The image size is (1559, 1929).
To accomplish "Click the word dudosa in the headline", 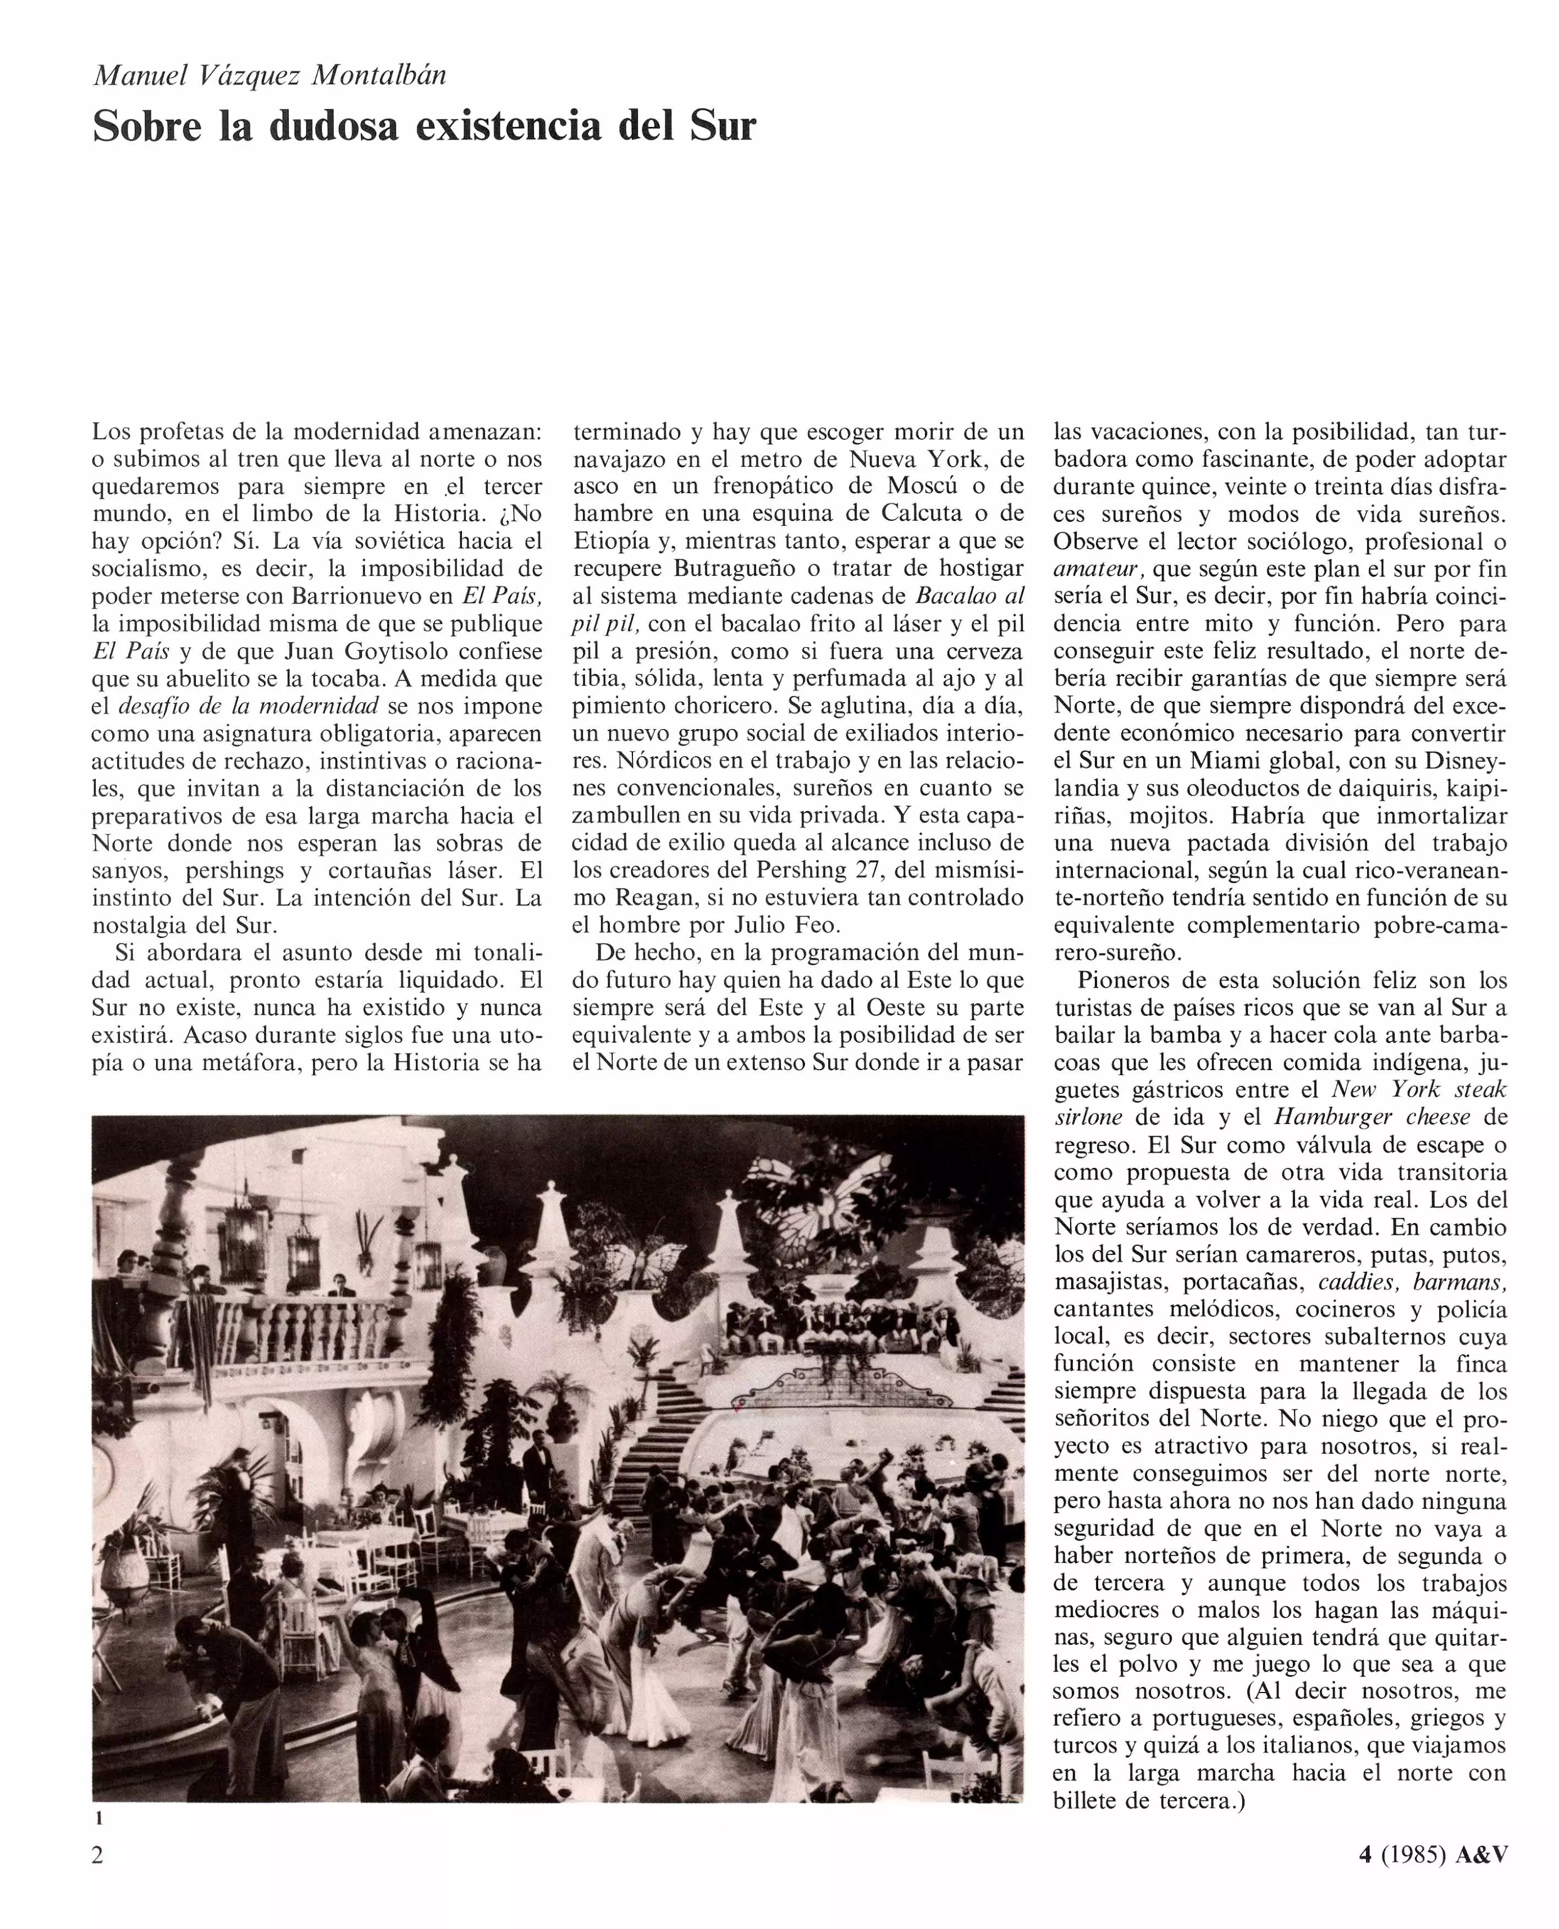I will tap(334, 126).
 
